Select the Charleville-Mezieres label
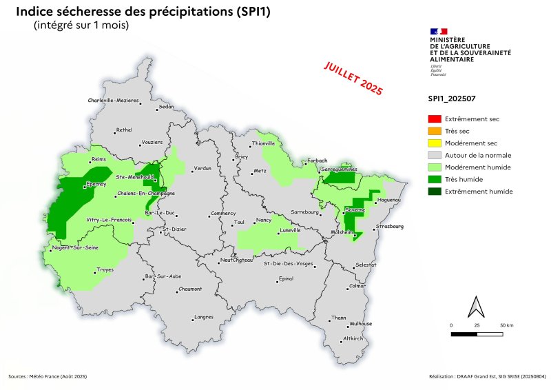pos(113,101)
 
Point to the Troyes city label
pos(105,269)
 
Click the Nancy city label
pos(264,220)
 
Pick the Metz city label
pos(260,170)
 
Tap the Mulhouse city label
pos(361,324)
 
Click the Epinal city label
pos(285,279)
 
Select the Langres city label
pos(204,317)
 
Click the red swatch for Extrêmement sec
pos(434,119)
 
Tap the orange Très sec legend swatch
pos(434,131)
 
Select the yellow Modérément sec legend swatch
pos(434,143)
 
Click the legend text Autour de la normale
pos(476,155)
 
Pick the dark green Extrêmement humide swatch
pos(434,191)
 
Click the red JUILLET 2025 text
pos(353,77)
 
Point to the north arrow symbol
pos(475,306)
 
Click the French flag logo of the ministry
pos(439,31)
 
